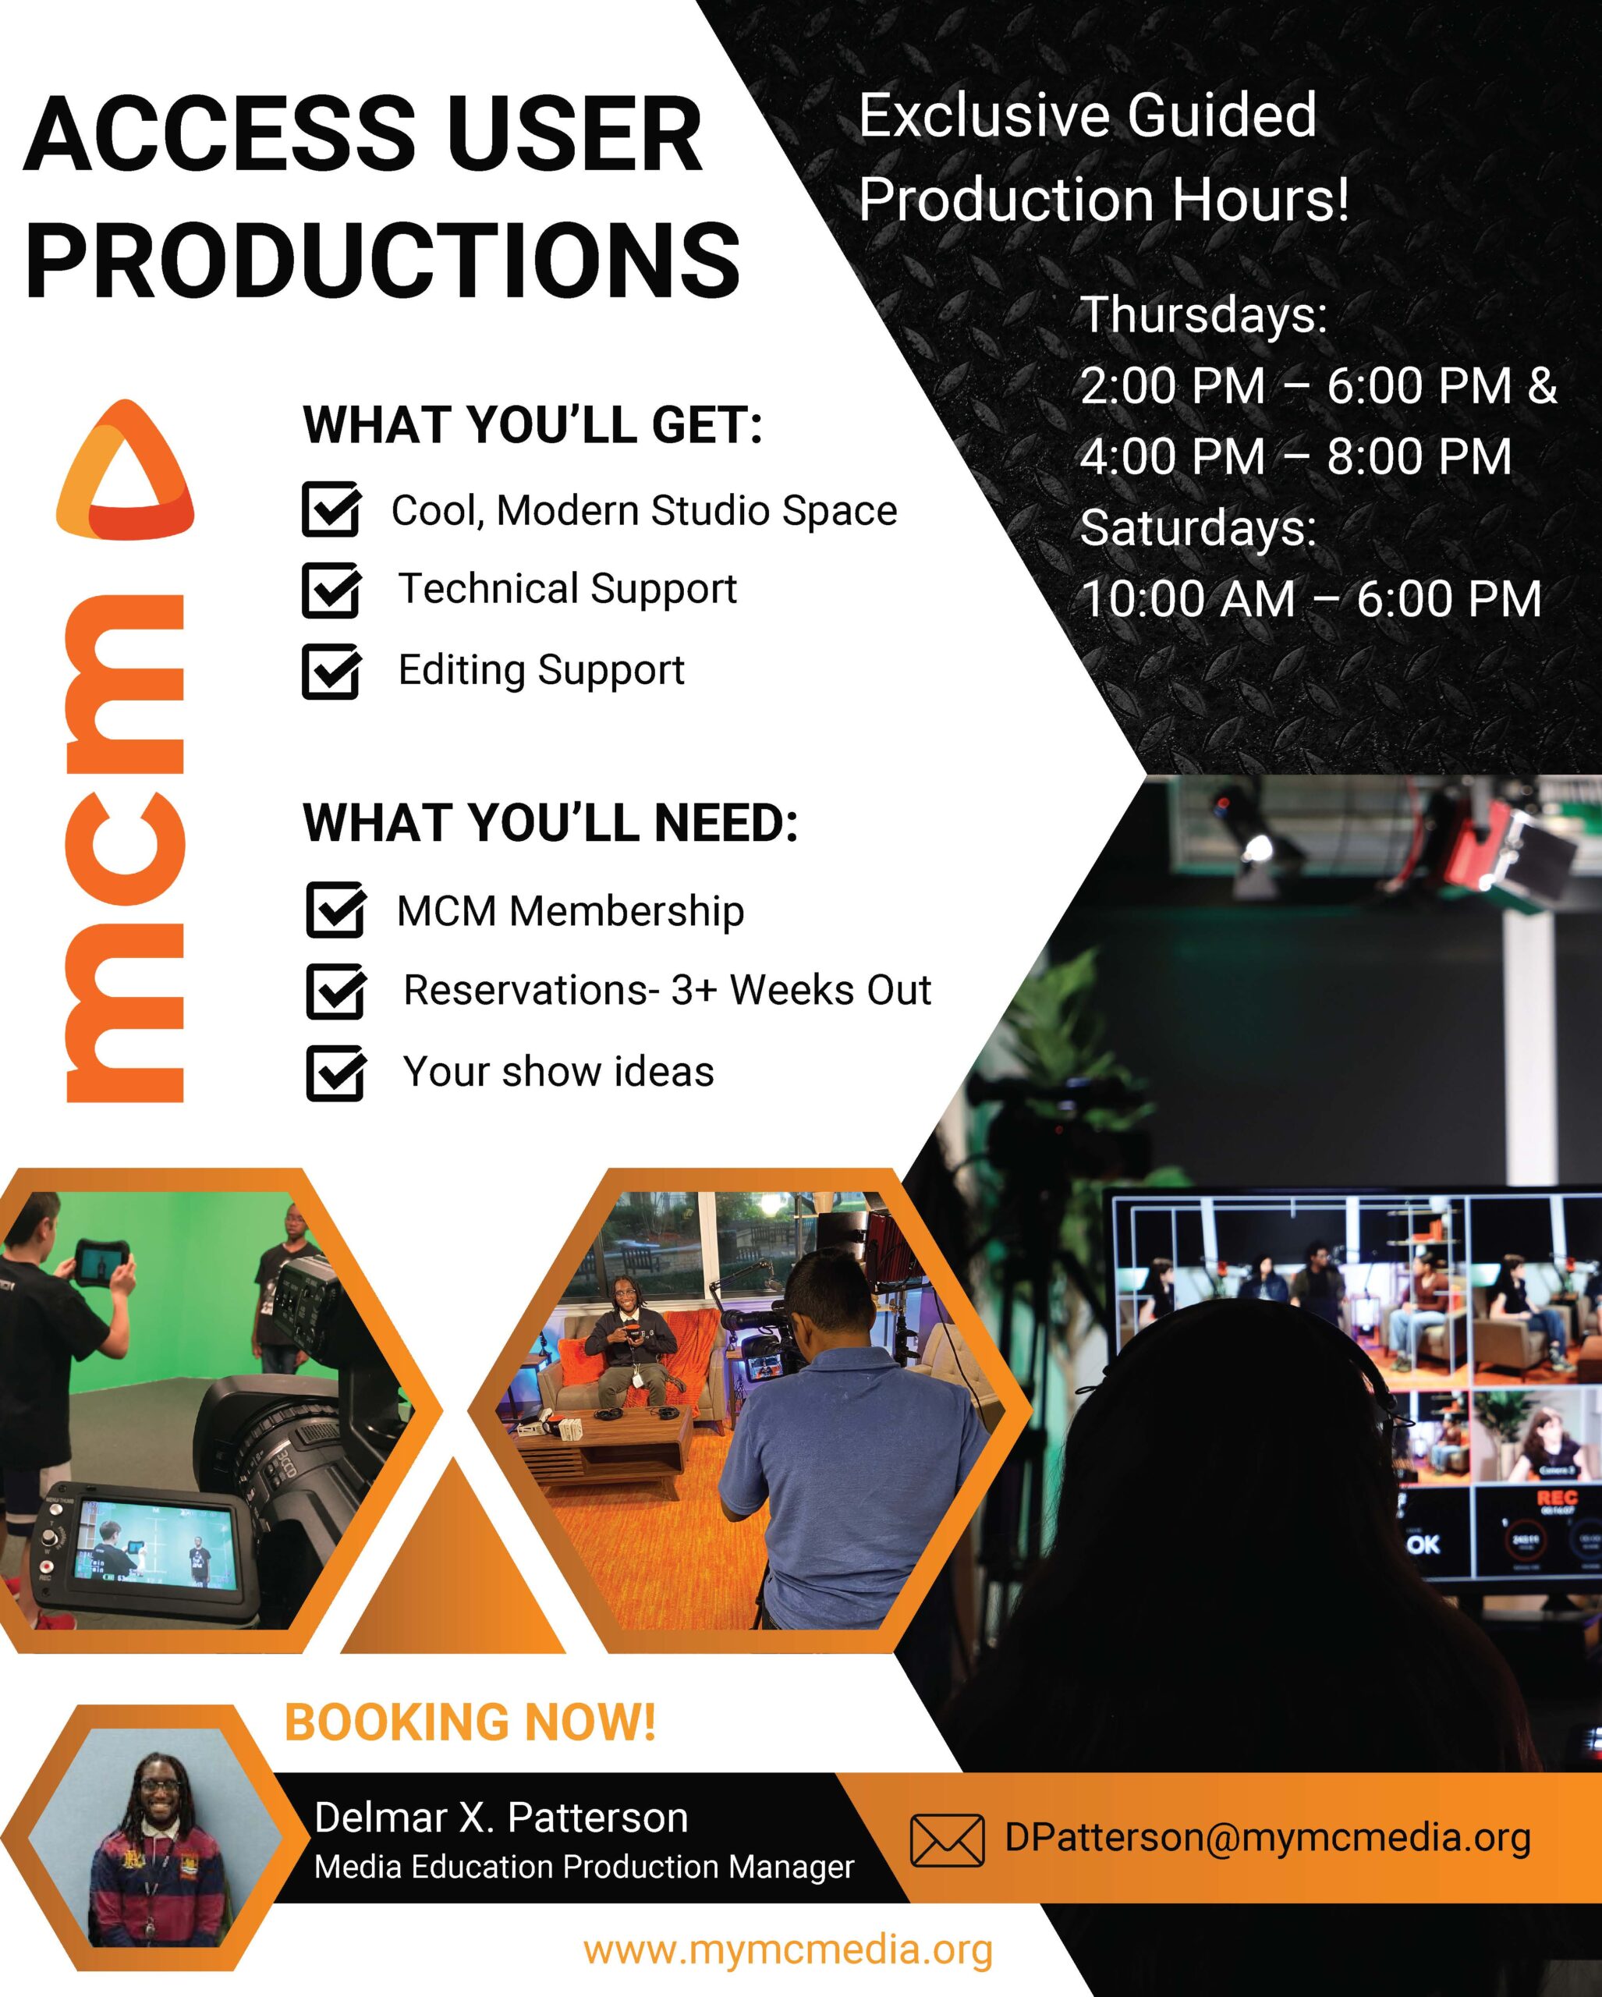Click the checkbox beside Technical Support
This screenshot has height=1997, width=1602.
tap(331, 590)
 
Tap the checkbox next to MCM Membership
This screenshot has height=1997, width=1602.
tap(335, 910)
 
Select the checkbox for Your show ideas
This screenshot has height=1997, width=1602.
tap(335, 1073)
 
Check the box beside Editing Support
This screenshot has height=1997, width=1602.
tap(331, 671)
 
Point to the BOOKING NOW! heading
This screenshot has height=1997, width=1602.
tap(470, 1722)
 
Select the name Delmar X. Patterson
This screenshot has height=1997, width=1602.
tap(501, 1818)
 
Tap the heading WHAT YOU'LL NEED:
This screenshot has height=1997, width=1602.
tap(550, 822)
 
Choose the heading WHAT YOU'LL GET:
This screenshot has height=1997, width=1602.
tap(533, 425)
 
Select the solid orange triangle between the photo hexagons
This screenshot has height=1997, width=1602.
tap(453, 1559)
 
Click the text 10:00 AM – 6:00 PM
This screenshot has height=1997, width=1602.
tap(1311, 599)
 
